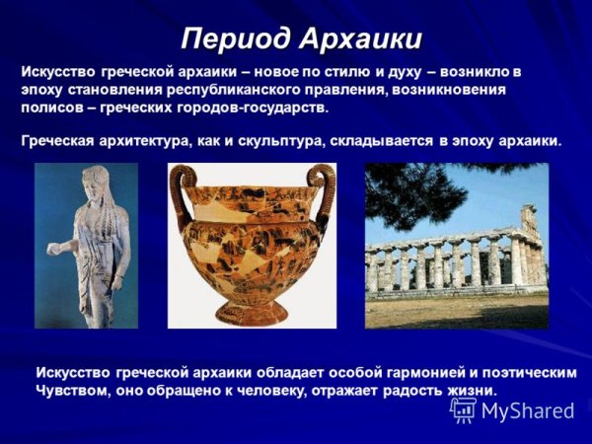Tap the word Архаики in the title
pyautogui.click(x=361, y=38)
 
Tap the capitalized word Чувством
pyautogui.click(x=74, y=390)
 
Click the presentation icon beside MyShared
pyautogui.click(x=463, y=409)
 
